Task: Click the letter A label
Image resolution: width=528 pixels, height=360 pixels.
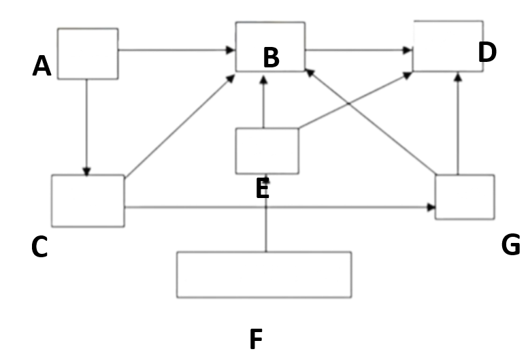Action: coord(42,67)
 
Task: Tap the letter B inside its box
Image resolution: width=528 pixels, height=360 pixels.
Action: coord(271,59)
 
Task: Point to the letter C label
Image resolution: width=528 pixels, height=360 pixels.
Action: coord(39,248)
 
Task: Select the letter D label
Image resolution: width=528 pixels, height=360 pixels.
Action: coord(487,53)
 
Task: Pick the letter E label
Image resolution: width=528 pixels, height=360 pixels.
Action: coord(263,189)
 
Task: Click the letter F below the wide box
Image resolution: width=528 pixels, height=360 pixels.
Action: coord(256,339)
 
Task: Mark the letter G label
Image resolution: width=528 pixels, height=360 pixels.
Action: coord(510,245)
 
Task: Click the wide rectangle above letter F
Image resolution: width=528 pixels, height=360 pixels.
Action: coord(264,274)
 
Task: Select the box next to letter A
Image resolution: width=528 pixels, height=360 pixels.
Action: coord(87,54)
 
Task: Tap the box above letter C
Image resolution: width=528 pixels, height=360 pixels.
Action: coord(88,201)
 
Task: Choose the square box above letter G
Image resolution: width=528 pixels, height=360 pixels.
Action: coord(465,197)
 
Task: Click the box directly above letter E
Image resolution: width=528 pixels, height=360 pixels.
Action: coord(267,150)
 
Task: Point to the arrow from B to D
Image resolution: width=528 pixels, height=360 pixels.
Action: coord(359,50)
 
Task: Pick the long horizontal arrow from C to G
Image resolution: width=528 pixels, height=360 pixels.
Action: coord(279,207)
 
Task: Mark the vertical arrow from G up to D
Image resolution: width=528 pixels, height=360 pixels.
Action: coord(458,122)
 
